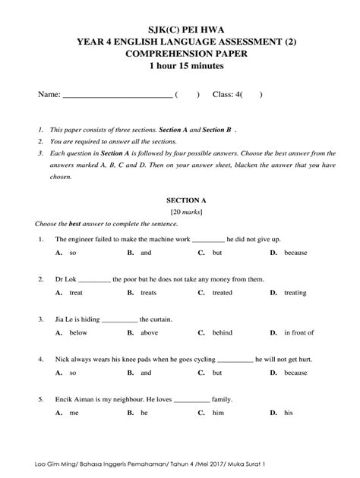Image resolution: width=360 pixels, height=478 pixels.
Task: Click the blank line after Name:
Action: click(116, 96)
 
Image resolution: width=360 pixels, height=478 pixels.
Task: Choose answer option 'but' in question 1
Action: click(217, 252)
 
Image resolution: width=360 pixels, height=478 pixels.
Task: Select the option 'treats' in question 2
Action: click(149, 292)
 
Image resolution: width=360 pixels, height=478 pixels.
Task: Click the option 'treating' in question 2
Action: click(296, 292)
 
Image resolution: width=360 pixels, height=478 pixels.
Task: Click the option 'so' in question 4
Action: click(73, 373)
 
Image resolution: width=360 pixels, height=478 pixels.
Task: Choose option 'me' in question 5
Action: click(74, 413)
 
